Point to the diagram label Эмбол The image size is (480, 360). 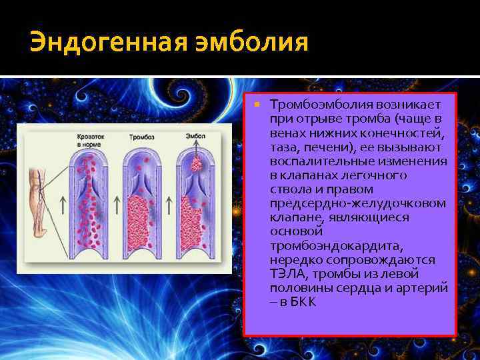[195, 136]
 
